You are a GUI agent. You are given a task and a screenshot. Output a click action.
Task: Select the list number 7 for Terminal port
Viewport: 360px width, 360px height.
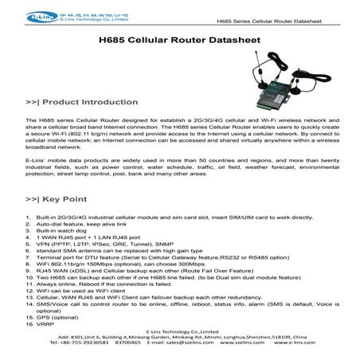[x=28, y=252]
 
